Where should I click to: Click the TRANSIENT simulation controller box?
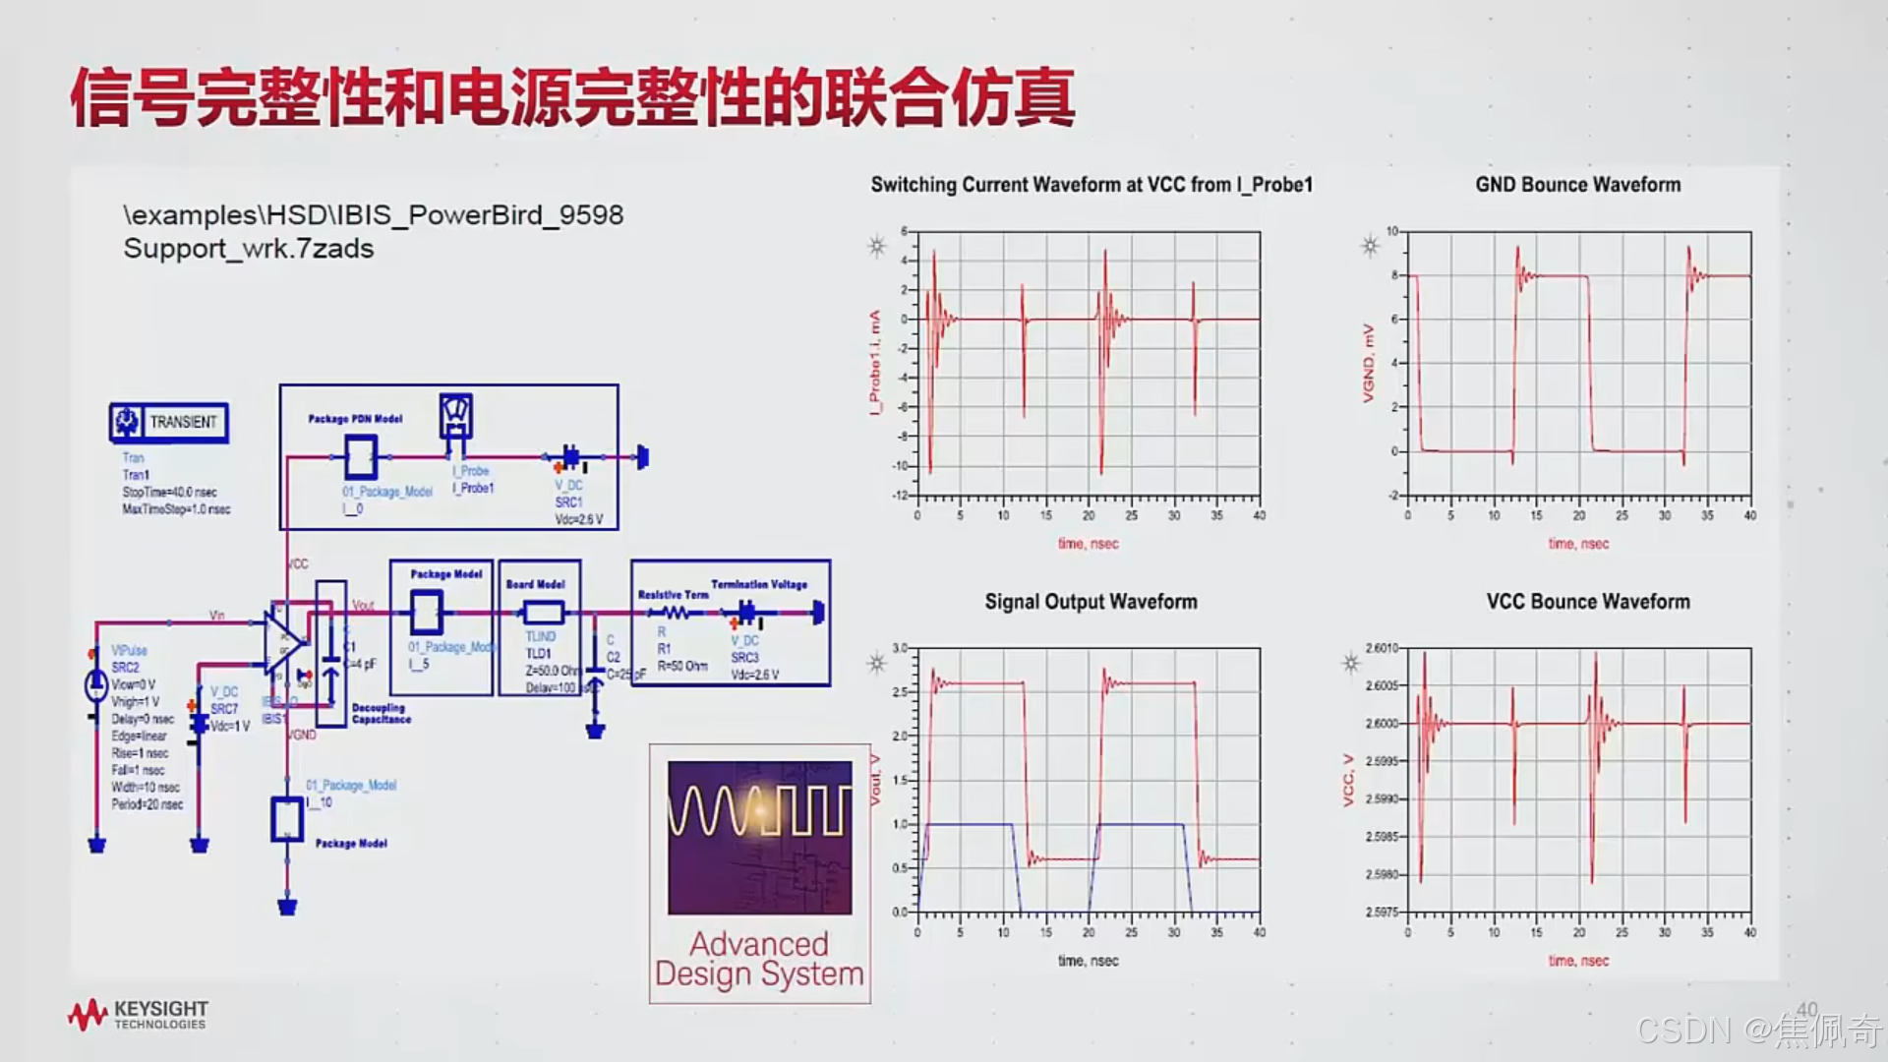tap(169, 423)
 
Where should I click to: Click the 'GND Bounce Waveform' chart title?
tap(1577, 185)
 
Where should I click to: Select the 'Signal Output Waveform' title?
tap(1091, 602)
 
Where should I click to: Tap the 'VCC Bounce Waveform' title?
tap(1587, 602)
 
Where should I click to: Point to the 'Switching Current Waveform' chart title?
tap(1091, 185)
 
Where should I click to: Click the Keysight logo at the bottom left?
tap(138, 1015)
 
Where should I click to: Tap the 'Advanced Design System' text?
tap(759, 959)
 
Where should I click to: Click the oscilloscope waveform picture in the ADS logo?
tap(759, 838)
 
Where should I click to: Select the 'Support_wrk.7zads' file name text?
tap(248, 249)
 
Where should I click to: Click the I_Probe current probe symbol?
tap(455, 418)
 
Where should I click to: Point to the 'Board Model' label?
tap(536, 584)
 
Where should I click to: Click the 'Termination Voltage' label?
tap(759, 584)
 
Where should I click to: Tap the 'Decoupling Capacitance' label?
tap(381, 714)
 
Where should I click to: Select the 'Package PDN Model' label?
tap(355, 419)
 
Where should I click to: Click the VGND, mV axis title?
tap(1368, 363)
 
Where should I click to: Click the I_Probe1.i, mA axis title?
tap(874, 363)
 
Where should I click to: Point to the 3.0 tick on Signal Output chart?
tap(900, 648)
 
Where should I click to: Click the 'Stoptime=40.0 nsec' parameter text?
tap(169, 492)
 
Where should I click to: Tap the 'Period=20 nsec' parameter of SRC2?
tap(147, 804)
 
